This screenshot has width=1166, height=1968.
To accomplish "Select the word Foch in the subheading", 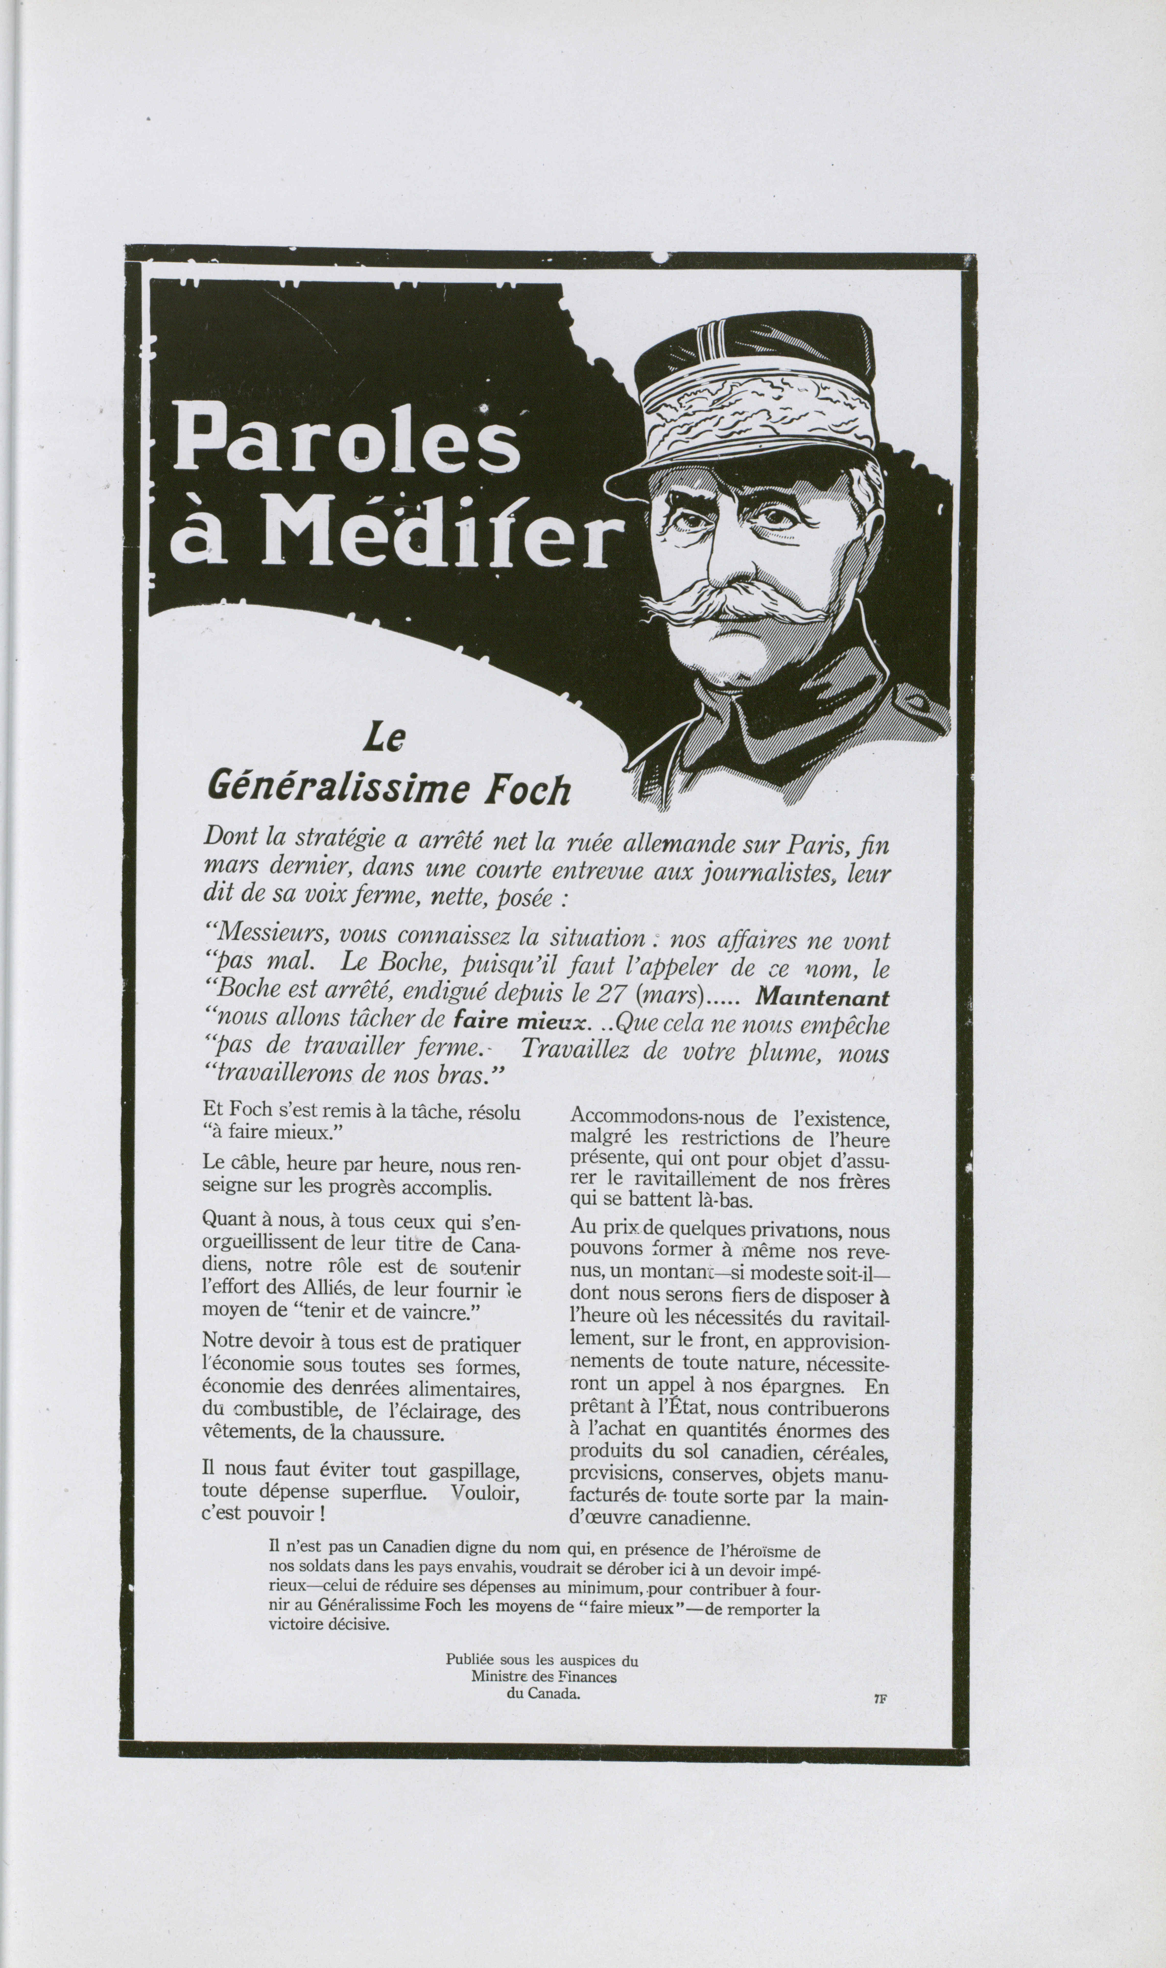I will pos(526,790).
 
